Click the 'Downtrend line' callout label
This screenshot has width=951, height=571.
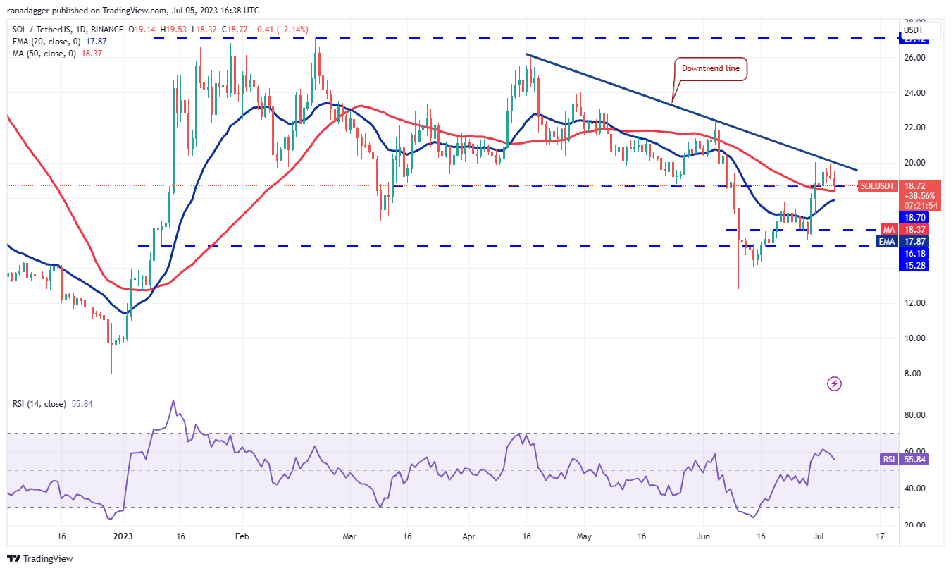[x=711, y=69]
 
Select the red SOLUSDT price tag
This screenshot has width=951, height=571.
[x=877, y=186]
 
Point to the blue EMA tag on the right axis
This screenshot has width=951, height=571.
[x=887, y=240]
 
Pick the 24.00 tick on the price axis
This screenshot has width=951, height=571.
[x=915, y=93]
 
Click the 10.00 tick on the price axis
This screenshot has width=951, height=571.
[x=915, y=338]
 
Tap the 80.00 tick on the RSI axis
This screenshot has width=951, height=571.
[x=915, y=415]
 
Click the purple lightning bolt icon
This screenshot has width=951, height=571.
[x=834, y=384]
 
